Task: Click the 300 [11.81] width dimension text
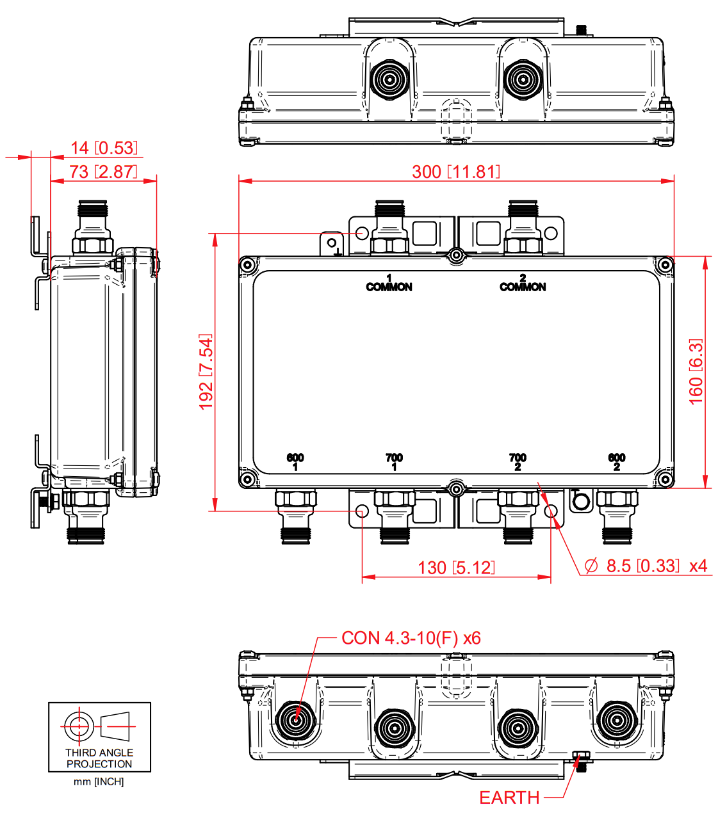[455, 172]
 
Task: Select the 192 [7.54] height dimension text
[206, 371]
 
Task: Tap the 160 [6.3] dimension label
[696, 371]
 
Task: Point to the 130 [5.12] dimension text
[456, 568]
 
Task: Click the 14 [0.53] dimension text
[104, 148]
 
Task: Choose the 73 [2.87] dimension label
[103, 172]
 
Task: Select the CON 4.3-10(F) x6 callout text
[411, 638]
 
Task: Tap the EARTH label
[509, 798]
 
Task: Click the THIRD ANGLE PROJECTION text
[99, 758]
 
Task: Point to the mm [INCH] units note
[99, 781]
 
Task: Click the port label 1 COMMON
[389, 284]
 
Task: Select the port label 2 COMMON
[523, 284]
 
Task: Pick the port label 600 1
[295, 462]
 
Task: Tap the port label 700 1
[394, 462]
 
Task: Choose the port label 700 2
[518, 462]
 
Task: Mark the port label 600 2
[616, 462]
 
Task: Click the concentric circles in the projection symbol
[78, 726]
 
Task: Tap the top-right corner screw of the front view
[665, 264]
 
